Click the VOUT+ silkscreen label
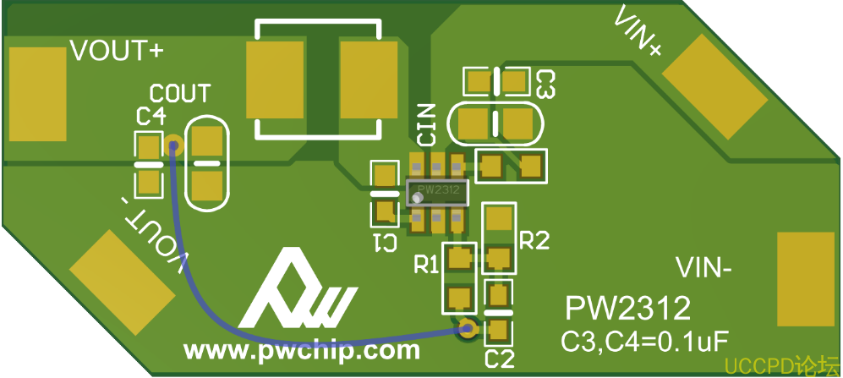115,51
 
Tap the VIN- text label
703,270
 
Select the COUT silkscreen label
180,92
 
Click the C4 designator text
151,116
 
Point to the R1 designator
426,266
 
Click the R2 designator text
534,241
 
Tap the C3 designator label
545,83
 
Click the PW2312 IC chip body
436,192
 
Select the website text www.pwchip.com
302,349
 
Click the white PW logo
296,292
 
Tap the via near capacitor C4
173,145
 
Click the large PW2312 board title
627,307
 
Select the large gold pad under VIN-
805,278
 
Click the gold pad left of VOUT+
37,93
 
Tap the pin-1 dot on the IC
417,198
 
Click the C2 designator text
500,359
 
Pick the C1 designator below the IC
386,242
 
